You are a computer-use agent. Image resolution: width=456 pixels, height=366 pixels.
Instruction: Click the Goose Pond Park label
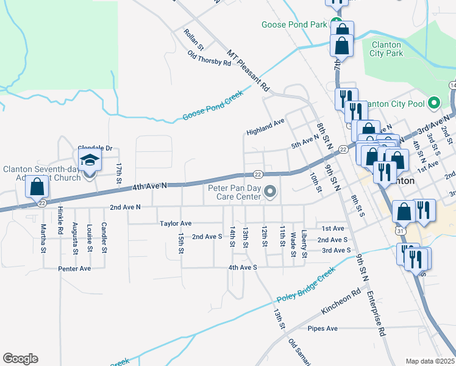pyautogui.click(x=294, y=24)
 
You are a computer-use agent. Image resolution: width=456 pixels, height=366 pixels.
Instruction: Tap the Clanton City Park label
pyautogui.click(x=386, y=49)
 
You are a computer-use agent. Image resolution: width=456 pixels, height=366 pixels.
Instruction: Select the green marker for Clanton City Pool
pyautogui.click(x=434, y=102)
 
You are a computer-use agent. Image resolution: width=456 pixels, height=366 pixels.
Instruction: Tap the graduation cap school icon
pyautogui.click(x=90, y=161)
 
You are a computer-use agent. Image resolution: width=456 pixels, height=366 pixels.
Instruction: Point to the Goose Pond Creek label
pyautogui.click(x=213, y=106)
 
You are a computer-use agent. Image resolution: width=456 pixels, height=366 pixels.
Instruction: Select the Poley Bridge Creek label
pyautogui.click(x=305, y=285)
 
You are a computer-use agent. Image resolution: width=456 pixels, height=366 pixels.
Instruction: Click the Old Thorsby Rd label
pyautogui.click(x=210, y=59)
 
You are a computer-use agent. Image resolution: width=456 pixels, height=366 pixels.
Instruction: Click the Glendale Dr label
pyautogui.click(x=95, y=148)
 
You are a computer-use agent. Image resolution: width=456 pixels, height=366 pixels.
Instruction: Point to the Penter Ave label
pyautogui.click(x=74, y=268)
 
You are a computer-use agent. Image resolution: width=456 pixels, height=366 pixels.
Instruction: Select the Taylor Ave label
pyautogui.click(x=176, y=224)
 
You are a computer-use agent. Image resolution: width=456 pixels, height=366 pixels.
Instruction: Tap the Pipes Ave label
pyautogui.click(x=322, y=329)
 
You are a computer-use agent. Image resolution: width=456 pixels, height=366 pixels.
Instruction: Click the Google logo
pyautogui.click(x=20, y=359)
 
